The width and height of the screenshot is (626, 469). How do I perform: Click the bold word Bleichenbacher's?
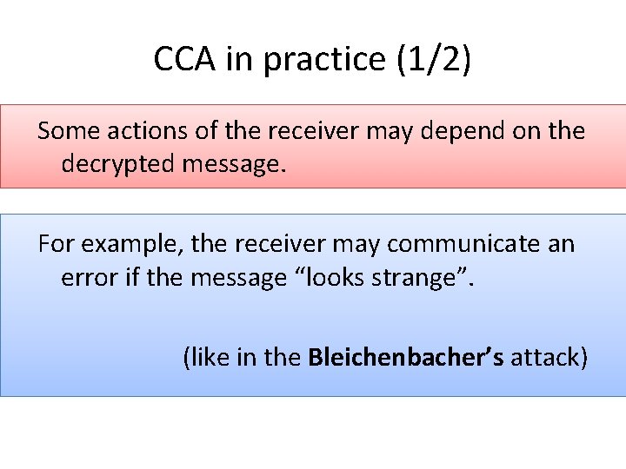point(406,357)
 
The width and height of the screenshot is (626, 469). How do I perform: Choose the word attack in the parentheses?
point(549,357)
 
